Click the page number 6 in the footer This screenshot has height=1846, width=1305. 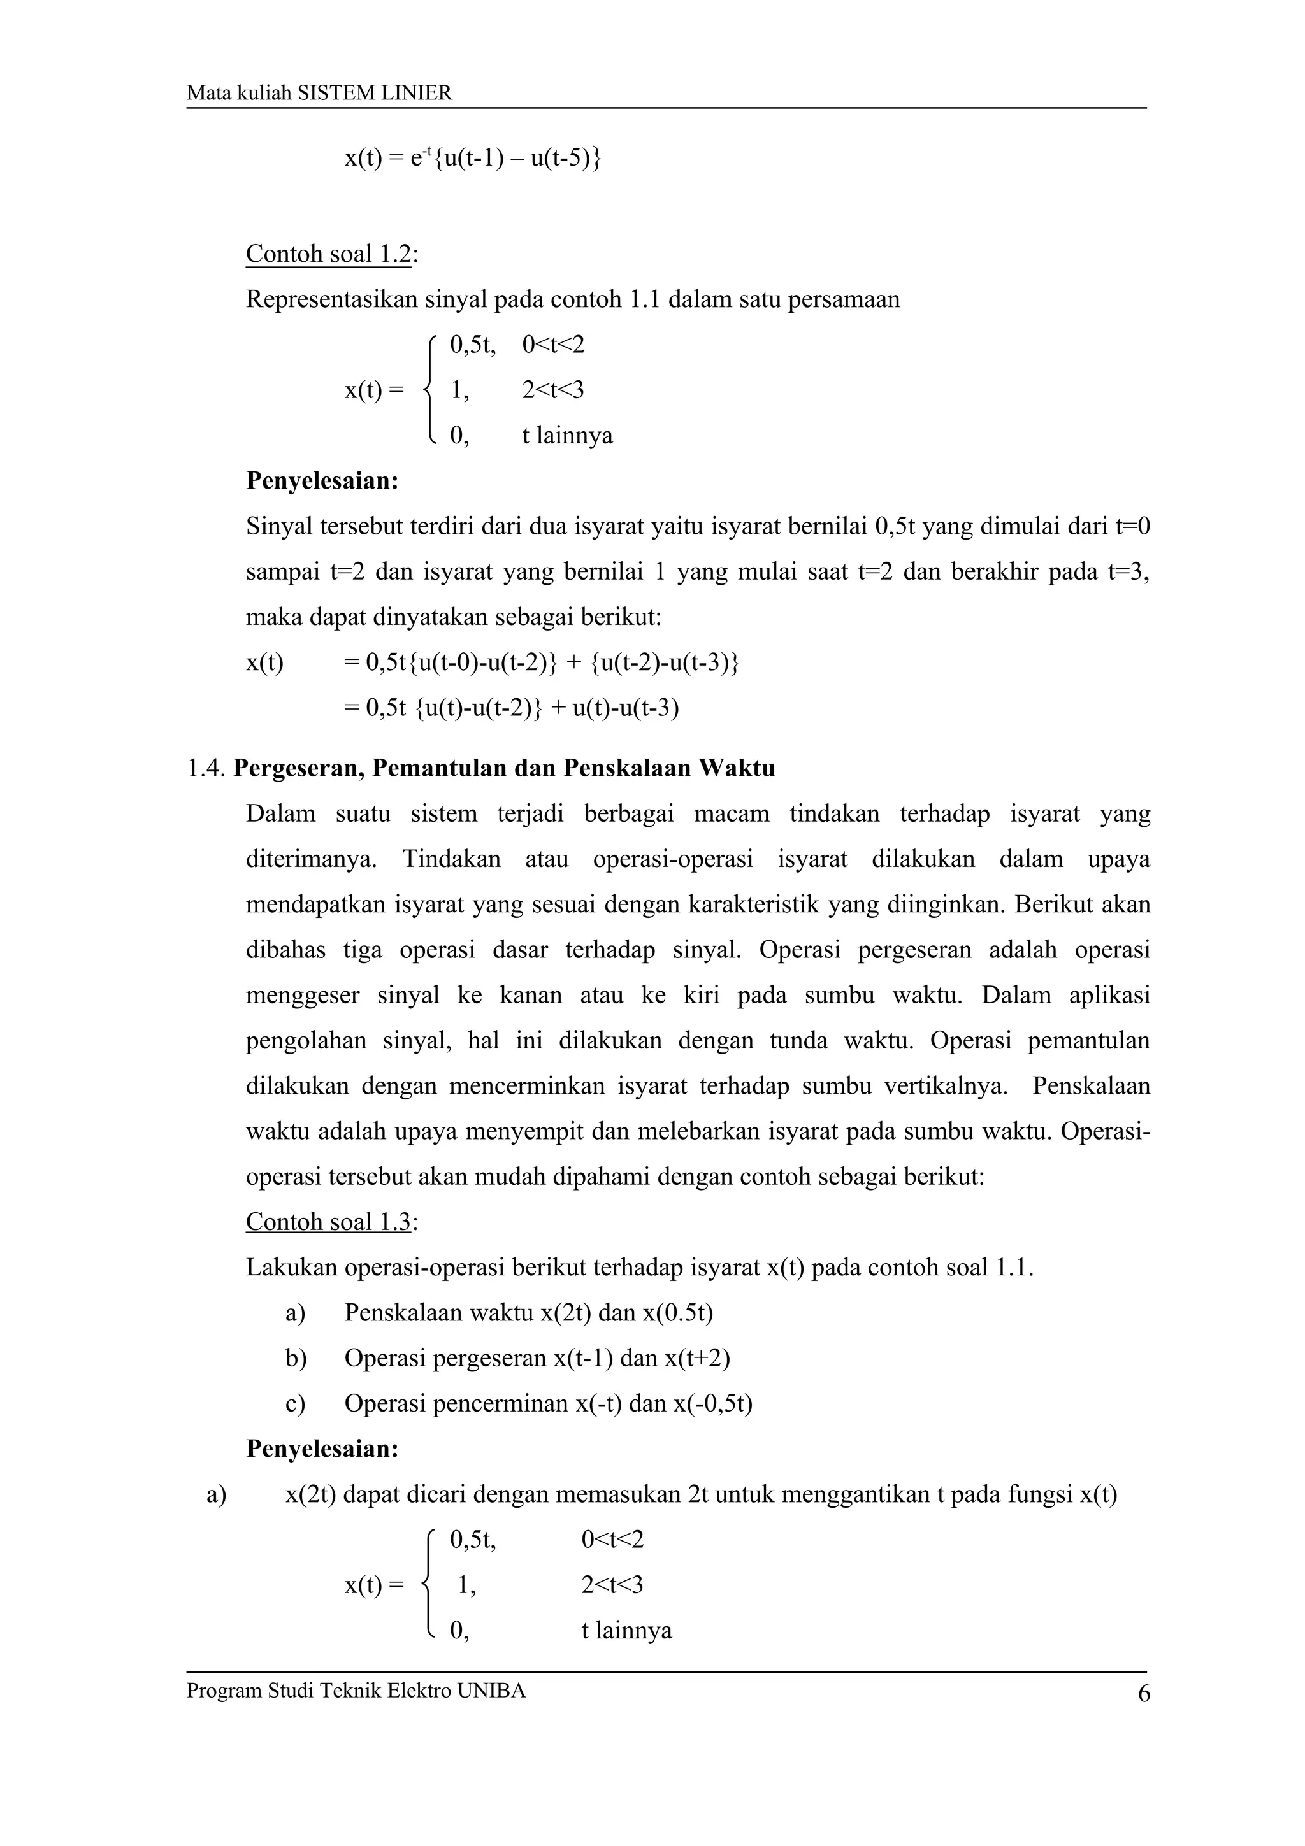point(1143,1694)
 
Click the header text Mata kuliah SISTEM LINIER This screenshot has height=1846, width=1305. point(319,93)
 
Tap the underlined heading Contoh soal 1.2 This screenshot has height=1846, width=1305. point(328,254)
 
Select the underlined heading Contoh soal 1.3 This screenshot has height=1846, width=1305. point(328,1222)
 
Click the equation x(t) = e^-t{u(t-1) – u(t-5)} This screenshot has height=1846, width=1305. point(473,157)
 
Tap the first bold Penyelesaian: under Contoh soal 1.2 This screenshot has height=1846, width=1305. point(322,481)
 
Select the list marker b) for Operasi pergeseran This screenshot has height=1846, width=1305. point(295,1359)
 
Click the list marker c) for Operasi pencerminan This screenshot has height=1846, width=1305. point(294,1404)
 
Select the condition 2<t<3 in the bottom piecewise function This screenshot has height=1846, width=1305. point(612,1585)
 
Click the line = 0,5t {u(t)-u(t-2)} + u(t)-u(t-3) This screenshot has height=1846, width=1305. point(510,708)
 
